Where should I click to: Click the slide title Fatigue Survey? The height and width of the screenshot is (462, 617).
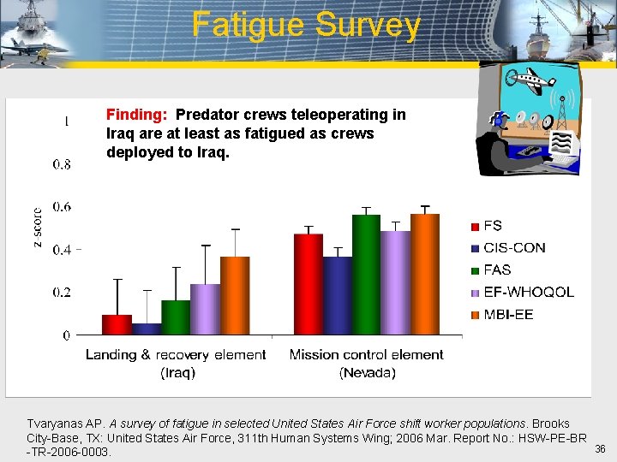(307, 25)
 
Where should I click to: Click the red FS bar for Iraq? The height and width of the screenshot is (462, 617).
(117, 325)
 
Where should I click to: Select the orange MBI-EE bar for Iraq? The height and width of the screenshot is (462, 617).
(235, 296)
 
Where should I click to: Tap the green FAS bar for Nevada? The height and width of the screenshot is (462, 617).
(366, 275)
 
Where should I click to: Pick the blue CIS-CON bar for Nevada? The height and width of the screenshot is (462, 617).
(337, 296)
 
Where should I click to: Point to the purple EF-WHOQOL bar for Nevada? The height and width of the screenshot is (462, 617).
(395, 283)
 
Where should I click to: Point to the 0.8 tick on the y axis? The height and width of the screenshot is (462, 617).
(61, 164)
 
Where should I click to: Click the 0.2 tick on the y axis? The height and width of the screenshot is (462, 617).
(61, 293)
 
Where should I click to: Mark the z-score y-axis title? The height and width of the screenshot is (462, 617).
(37, 228)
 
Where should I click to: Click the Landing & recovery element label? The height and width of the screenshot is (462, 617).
(176, 355)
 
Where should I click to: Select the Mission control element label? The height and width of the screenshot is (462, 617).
(367, 355)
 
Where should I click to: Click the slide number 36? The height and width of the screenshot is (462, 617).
(600, 449)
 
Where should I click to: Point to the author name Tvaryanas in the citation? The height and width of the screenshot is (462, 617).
(57, 423)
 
